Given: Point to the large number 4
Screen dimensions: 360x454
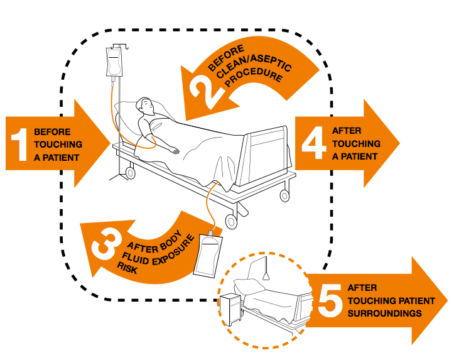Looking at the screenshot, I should point(312,142).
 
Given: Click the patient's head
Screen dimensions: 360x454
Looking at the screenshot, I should point(146,106).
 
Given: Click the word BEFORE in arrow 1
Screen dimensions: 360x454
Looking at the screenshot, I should point(52,133).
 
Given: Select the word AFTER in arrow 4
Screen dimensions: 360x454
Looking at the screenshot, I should point(347,131).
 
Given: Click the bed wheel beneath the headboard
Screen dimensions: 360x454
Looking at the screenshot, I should point(131,171).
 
